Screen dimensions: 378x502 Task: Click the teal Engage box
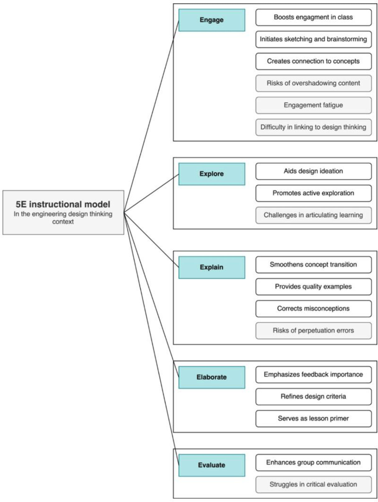click(x=212, y=20)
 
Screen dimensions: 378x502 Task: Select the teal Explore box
click(x=212, y=174)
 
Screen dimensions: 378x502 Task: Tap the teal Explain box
click(x=212, y=267)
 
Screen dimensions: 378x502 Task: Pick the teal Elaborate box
click(x=212, y=377)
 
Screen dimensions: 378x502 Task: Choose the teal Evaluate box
click(x=212, y=465)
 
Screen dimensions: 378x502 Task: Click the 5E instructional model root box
click(x=63, y=212)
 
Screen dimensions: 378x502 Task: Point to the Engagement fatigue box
click(x=313, y=105)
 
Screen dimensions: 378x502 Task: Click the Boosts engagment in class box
click(x=313, y=17)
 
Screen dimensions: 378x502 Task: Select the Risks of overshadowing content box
click(x=313, y=83)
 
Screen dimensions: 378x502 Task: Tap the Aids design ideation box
click(x=313, y=171)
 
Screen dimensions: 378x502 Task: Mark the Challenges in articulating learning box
click(x=313, y=215)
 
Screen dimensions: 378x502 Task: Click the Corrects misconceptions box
click(x=313, y=308)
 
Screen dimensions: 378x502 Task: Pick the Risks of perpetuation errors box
click(x=313, y=330)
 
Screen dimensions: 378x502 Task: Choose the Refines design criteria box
click(x=313, y=397)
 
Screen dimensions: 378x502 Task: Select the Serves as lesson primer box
click(x=313, y=419)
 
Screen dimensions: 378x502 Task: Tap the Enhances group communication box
click(x=313, y=462)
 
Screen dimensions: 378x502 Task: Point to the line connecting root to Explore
click(x=151, y=193)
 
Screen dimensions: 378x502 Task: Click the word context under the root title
click(x=63, y=222)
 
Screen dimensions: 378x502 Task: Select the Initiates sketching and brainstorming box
click(x=313, y=39)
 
